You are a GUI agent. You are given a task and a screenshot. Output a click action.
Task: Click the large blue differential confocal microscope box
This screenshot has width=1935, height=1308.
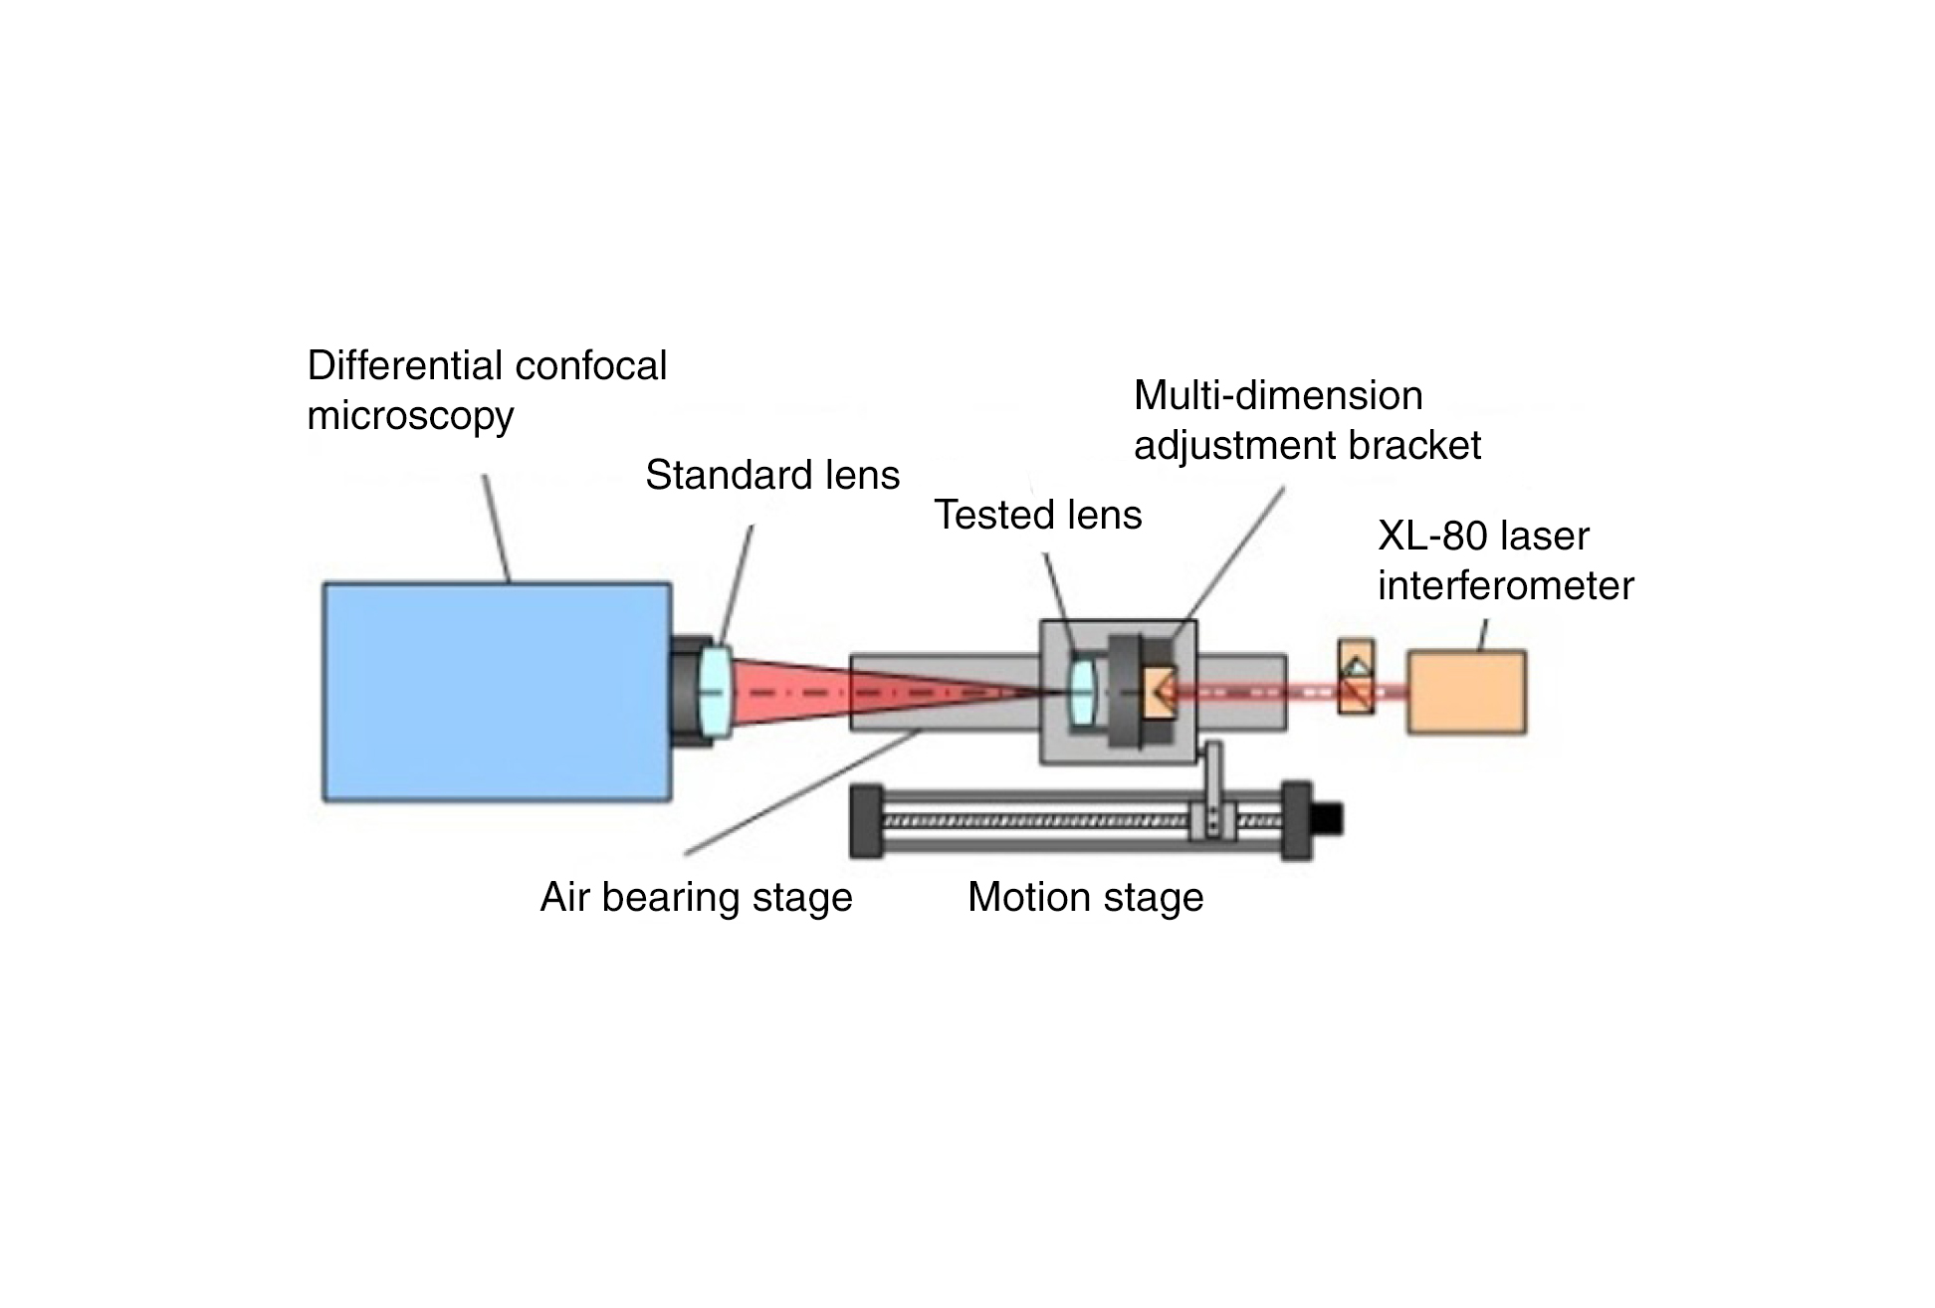496,692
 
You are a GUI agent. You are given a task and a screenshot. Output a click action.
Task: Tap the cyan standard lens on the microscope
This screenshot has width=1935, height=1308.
715,692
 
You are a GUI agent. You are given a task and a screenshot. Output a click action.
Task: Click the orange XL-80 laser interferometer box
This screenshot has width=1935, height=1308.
1465,693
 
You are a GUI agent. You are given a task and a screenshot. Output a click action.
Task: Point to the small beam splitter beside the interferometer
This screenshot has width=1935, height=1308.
1356,677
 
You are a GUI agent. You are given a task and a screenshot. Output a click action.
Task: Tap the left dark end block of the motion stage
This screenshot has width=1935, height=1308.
866,821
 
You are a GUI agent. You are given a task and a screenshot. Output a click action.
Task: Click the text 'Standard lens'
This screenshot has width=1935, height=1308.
771,475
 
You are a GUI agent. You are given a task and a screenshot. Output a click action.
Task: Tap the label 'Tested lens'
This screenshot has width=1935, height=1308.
1037,515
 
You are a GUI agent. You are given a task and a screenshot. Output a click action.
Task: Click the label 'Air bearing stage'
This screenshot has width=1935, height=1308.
696,897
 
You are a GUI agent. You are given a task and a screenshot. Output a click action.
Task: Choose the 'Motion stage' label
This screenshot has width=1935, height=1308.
1085,897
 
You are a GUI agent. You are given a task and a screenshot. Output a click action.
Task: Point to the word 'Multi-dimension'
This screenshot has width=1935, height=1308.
1278,395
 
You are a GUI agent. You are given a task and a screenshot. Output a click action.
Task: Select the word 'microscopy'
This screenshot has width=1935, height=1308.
410,416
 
